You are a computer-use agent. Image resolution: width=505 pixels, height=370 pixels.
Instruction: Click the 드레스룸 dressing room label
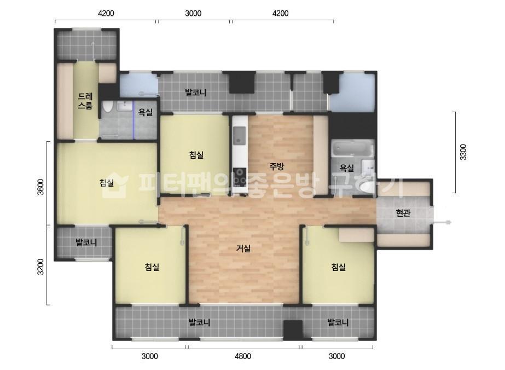(x=85, y=101)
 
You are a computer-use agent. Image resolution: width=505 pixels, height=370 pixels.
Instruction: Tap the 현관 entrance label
(x=403, y=213)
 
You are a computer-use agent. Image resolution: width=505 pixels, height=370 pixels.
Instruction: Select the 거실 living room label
(x=243, y=248)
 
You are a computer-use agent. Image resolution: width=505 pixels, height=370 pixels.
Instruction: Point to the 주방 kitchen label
(x=277, y=166)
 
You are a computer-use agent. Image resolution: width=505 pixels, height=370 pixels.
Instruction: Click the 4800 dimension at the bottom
(x=243, y=356)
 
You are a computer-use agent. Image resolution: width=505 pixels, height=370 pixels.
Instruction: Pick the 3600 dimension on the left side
(x=40, y=187)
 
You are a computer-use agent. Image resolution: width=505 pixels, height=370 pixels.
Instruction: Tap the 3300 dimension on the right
(x=463, y=152)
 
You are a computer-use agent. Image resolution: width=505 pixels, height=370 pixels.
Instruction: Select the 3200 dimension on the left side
(x=40, y=267)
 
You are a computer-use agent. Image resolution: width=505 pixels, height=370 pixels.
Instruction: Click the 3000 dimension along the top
(x=193, y=13)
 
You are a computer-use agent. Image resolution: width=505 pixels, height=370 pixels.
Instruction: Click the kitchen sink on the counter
(x=239, y=135)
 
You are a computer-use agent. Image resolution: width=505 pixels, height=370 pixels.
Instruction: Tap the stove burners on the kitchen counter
(x=239, y=177)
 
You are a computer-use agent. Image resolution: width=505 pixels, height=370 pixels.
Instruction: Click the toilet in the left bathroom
(x=107, y=107)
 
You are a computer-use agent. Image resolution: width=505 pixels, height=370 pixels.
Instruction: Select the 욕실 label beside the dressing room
(x=145, y=112)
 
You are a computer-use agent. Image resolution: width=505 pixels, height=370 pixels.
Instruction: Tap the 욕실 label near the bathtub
(x=346, y=167)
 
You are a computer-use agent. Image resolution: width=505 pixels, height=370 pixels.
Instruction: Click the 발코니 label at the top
(x=195, y=93)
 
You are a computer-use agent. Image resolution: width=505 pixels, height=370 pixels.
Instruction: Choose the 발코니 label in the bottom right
(x=338, y=322)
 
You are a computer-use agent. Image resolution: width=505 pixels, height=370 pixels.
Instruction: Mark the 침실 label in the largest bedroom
(x=107, y=183)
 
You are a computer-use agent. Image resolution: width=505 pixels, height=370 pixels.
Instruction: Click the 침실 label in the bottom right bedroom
(x=339, y=267)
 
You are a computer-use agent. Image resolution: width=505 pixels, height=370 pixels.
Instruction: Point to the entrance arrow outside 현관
(x=442, y=222)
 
